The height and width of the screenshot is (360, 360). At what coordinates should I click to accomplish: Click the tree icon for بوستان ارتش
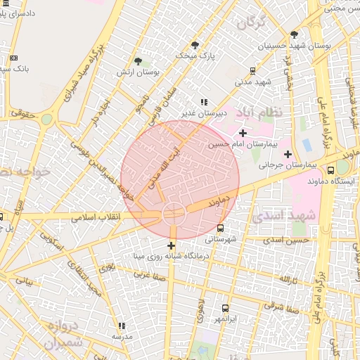point(138,61)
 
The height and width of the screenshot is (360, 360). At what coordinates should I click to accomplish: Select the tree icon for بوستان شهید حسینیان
point(294,34)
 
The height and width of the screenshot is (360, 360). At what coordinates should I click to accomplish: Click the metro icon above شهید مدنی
point(252,70)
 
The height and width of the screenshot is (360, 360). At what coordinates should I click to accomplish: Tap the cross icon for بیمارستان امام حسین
point(243,133)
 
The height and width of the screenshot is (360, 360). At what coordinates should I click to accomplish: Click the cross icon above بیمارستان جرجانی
point(288,154)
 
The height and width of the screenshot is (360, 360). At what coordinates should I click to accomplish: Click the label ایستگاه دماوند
point(310,181)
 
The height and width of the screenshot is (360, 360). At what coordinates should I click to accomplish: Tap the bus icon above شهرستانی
point(221,229)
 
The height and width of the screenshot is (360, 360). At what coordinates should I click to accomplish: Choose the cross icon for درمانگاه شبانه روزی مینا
point(171,245)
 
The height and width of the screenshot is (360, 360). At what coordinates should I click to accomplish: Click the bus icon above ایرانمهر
point(225,308)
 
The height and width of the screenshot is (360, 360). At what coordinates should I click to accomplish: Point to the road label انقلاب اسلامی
point(96,218)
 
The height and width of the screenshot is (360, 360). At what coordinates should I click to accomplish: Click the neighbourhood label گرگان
point(251,23)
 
